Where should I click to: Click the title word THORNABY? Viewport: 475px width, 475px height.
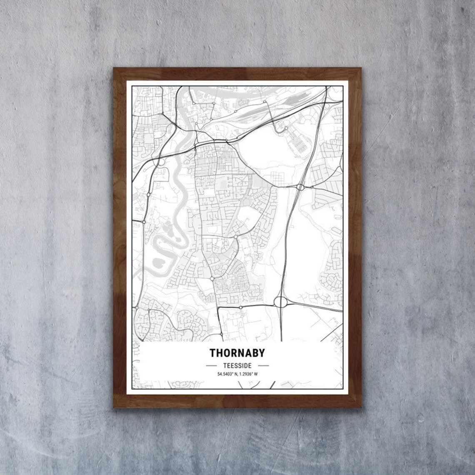237,353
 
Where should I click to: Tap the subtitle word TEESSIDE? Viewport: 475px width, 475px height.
237,365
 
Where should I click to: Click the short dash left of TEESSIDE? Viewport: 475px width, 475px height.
213,365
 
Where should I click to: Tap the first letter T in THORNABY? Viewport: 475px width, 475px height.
212,353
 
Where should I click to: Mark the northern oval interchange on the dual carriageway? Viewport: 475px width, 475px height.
300,187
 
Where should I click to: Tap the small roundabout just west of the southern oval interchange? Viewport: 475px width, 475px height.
241,307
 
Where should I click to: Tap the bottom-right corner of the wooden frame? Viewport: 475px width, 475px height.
360,407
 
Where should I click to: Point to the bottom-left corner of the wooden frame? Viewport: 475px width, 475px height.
114,407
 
